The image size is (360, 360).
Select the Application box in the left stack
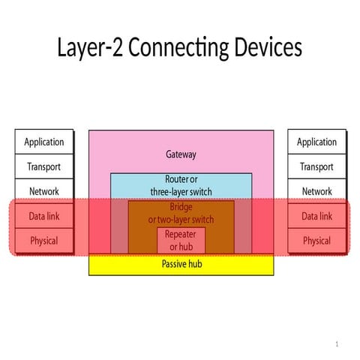click(44, 142)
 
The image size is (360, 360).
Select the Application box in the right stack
click(316, 142)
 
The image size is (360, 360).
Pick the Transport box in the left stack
click(44, 166)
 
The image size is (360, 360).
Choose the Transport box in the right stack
click(316, 166)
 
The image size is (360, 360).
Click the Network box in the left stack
click(44, 191)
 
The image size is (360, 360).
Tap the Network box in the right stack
click(316, 191)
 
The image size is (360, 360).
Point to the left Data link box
click(44, 216)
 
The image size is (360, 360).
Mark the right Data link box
click(316, 216)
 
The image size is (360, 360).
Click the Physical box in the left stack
click(44, 241)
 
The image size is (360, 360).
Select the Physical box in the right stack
click(316, 241)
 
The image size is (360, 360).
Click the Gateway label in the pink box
click(181, 154)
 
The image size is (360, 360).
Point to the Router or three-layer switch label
click(181, 185)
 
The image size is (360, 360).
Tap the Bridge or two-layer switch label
click(181, 213)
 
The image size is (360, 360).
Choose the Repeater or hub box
click(181, 241)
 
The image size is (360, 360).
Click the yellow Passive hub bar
click(181, 264)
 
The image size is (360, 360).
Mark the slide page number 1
click(337, 343)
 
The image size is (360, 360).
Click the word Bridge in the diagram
click(181, 207)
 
